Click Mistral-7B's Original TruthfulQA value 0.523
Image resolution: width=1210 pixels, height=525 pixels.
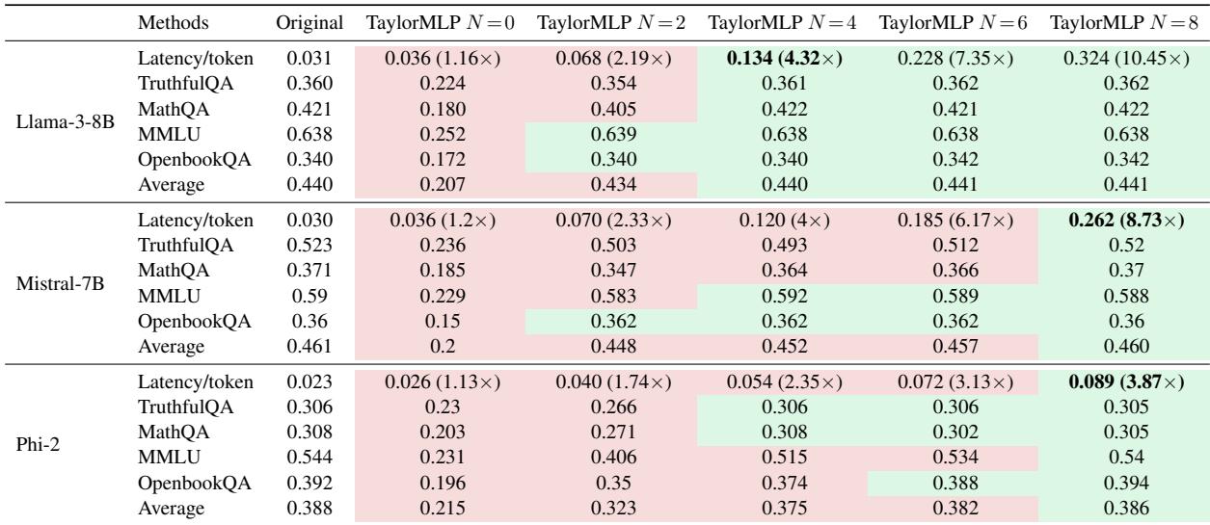(304, 244)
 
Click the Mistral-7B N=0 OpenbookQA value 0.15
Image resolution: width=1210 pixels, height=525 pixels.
(440, 311)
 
